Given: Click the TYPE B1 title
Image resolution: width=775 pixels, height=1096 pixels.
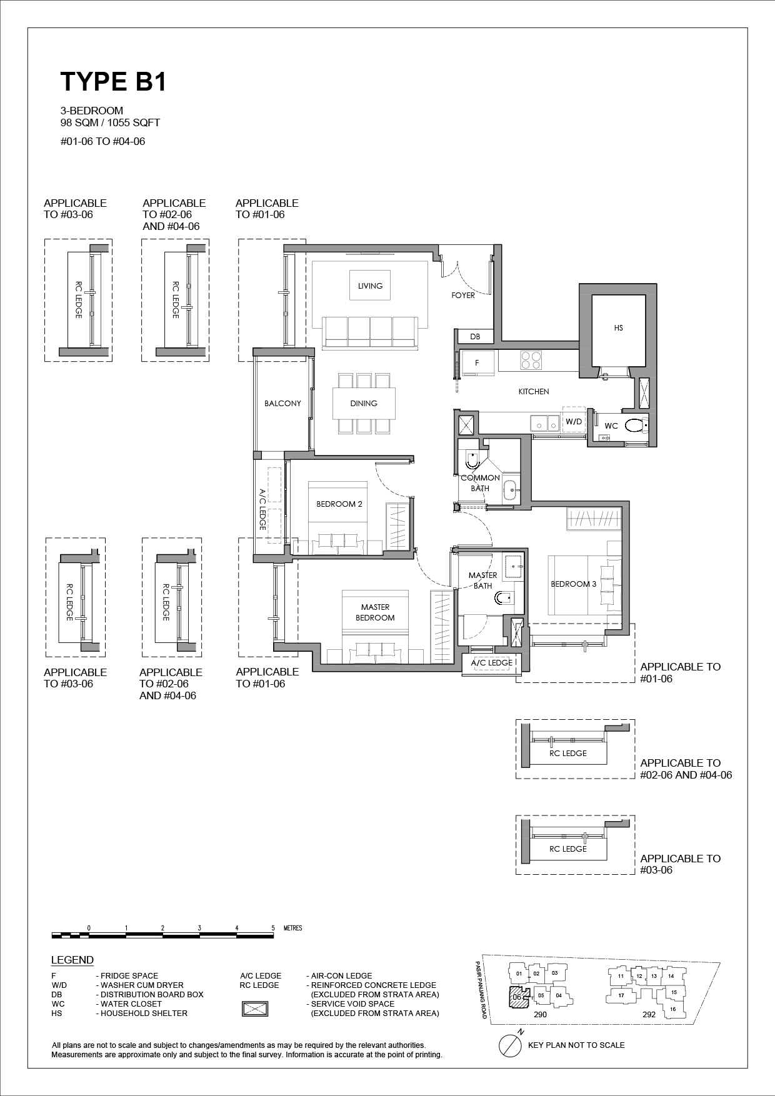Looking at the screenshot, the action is pyautogui.click(x=113, y=82).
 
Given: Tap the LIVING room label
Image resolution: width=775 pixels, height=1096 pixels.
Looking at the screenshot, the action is pyautogui.click(x=370, y=286).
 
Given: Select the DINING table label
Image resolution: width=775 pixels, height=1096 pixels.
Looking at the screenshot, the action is pyautogui.click(x=364, y=403).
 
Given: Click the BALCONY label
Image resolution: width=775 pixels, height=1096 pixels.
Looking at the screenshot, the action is pyautogui.click(x=282, y=403).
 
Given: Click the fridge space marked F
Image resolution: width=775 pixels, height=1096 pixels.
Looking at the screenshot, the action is pyautogui.click(x=478, y=363).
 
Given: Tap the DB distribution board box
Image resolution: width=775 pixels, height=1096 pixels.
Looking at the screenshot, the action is pyautogui.click(x=475, y=337).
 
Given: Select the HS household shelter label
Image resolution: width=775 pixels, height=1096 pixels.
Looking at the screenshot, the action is pyautogui.click(x=619, y=327).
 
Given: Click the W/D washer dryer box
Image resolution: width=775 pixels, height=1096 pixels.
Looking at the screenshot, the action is pyautogui.click(x=573, y=421).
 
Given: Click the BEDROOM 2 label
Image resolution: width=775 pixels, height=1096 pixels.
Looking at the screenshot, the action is pyautogui.click(x=339, y=504).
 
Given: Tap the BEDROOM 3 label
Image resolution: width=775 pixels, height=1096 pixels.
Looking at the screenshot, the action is pyautogui.click(x=573, y=584).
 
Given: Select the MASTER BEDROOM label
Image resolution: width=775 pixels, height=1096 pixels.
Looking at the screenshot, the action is pyautogui.click(x=375, y=612).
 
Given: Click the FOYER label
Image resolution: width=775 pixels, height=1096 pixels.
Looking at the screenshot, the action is pyautogui.click(x=463, y=295).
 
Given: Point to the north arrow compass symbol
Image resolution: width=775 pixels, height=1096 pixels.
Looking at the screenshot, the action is pyautogui.click(x=511, y=1045).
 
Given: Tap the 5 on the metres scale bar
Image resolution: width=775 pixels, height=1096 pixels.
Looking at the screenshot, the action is pyautogui.click(x=273, y=928).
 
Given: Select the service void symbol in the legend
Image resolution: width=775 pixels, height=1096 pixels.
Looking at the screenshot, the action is pyautogui.click(x=255, y=1009).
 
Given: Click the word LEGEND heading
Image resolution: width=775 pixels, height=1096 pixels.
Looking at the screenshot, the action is pyautogui.click(x=72, y=960).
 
